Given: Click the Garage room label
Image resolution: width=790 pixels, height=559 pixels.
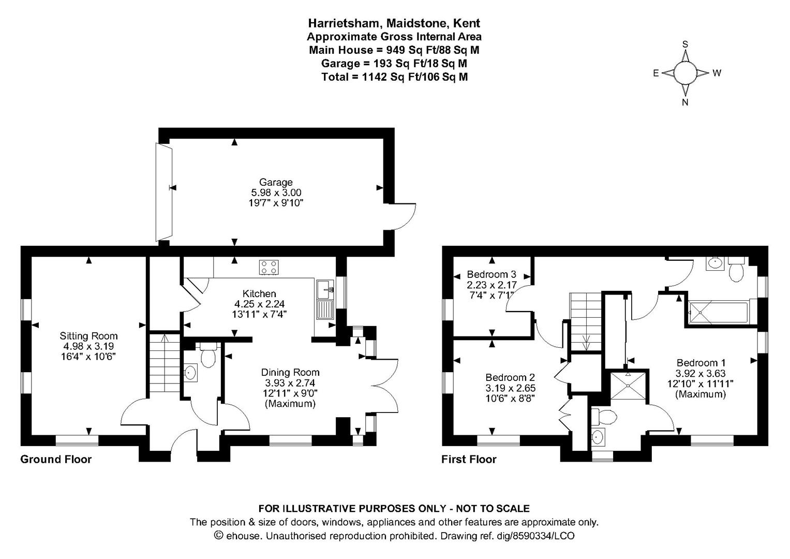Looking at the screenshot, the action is tap(276, 182).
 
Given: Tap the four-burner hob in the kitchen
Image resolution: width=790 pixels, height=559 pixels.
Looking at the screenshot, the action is tap(269, 267).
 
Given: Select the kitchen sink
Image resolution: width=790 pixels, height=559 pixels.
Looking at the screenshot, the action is tap(325, 300).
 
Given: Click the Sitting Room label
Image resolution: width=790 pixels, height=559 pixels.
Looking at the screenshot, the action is tap(88, 336).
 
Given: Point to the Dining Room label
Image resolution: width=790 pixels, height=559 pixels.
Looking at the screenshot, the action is tap(290, 372).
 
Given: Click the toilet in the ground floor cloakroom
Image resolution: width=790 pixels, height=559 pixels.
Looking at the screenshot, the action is tap(208, 355).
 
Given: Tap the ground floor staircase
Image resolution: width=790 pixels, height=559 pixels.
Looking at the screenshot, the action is tap(165, 363).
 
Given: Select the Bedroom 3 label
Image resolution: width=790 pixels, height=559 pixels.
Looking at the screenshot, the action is tap(491, 274).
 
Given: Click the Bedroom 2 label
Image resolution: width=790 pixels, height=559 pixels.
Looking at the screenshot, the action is tap(510, 377).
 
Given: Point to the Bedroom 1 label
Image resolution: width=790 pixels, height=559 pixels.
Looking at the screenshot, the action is tap(701, 363).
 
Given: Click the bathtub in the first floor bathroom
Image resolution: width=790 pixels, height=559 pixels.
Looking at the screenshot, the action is tap(718, 313).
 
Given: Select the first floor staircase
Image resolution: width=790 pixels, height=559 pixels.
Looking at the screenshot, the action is tap(586, 322).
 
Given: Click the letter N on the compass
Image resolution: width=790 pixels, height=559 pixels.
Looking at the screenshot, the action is tap(685, 102).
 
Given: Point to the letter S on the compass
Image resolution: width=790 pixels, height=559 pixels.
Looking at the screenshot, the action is tap(685, 44).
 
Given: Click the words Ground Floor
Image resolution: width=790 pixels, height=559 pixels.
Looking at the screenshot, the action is tap(56, 460).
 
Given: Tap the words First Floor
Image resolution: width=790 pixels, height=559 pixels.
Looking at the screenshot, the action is tap(469, 460).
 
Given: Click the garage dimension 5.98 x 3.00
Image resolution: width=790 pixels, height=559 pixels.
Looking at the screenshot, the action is tap(276, 193).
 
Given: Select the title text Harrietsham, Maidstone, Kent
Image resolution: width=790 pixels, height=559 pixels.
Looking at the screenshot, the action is tap(394, 24).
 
